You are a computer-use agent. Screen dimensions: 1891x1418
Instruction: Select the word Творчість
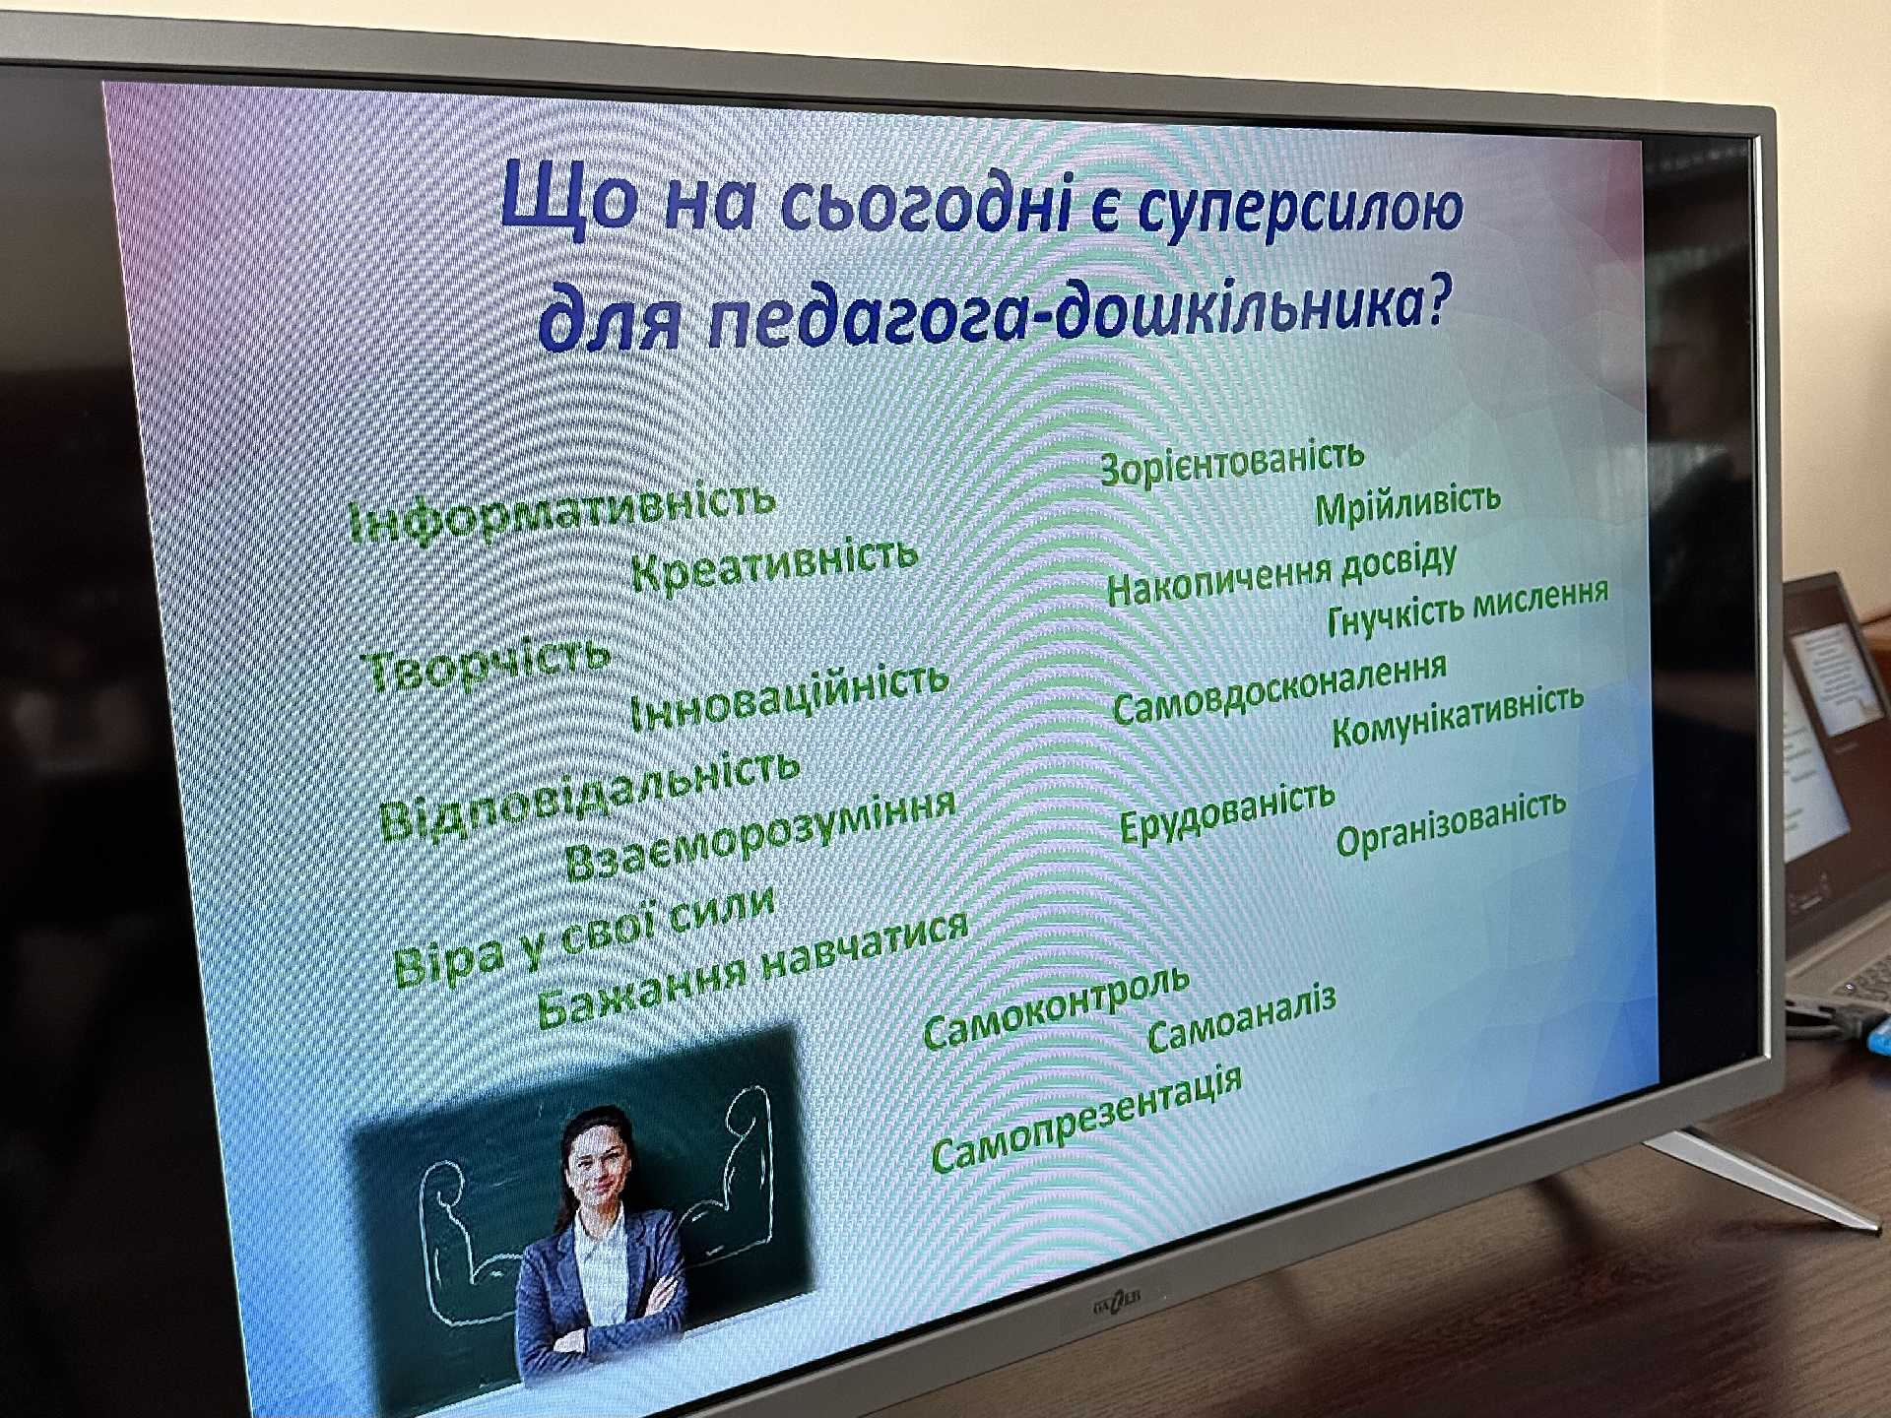click(488, 661)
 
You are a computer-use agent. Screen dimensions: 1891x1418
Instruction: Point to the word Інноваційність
click(788, 697)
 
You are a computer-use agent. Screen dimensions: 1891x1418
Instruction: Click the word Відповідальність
click(589, 796)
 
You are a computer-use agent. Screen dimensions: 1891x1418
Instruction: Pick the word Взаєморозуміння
click(760, 834)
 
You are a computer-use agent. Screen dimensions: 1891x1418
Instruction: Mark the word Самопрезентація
click(1085, 1120)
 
